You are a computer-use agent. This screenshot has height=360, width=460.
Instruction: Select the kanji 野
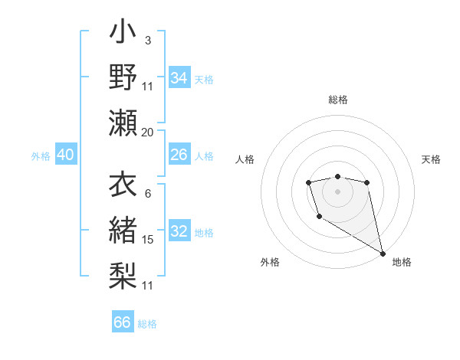point(123,77)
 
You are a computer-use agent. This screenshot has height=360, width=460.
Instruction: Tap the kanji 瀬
point(123,123)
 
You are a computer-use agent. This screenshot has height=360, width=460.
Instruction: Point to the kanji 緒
point(123,230)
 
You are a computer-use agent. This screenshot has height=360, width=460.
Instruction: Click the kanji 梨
point(123,275)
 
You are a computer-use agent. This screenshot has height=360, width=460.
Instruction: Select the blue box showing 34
point(179,78)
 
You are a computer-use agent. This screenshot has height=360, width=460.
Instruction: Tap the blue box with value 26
point(179,155)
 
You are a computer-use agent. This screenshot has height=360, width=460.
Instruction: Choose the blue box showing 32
point(179,231)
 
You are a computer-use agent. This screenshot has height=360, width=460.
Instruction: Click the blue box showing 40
point(65,155)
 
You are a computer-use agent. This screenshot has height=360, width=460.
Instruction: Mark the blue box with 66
point(123,322)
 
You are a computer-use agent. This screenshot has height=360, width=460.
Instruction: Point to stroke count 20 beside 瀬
point(148,133)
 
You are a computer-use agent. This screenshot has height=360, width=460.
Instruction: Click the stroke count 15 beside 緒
point(148,240)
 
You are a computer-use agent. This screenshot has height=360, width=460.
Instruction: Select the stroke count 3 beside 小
point(148,41)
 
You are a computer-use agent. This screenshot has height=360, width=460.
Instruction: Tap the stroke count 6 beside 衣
point(148,194)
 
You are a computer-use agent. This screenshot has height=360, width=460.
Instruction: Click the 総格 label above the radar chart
point(338,100)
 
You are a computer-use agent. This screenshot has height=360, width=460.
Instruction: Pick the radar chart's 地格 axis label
point(402,262)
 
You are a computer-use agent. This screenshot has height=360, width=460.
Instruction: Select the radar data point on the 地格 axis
point(383,253)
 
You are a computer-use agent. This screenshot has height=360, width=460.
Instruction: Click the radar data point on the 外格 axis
point(319,217)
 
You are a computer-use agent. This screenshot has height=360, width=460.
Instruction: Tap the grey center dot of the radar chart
point(337,191)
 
